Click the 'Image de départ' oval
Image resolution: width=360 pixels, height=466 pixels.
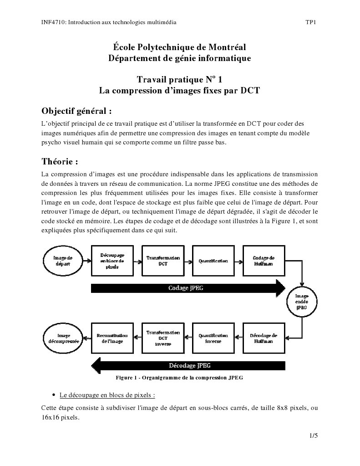click(x=62, y=261)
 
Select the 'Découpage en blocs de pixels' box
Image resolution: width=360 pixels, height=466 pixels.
click(x=112, y=261)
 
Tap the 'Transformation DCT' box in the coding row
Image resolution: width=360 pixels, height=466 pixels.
click(x=163, y=261)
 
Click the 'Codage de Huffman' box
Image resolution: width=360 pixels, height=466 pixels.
click(x=264, y=261)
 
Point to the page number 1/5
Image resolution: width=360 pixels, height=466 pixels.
click(x=313, y=435)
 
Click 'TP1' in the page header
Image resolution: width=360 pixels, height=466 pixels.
click(x=311, y=22)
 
